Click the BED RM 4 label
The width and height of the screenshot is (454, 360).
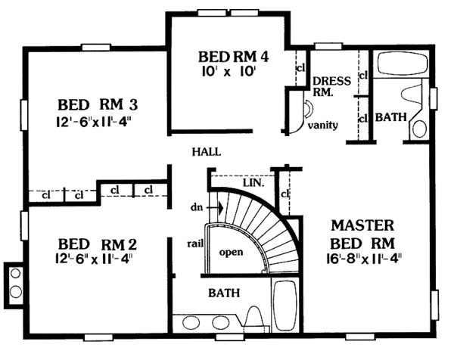[x=234, y=56]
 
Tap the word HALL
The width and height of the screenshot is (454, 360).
[x=206, y=151]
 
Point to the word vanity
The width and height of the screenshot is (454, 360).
[x=322, y=125]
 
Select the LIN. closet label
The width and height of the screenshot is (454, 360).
[x=253, y=183]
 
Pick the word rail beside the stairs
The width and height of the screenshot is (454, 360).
[x=194, y=242]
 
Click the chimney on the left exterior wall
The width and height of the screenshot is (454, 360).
[x=14, y=282]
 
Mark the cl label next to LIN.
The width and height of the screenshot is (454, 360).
[x=285, y=194]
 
